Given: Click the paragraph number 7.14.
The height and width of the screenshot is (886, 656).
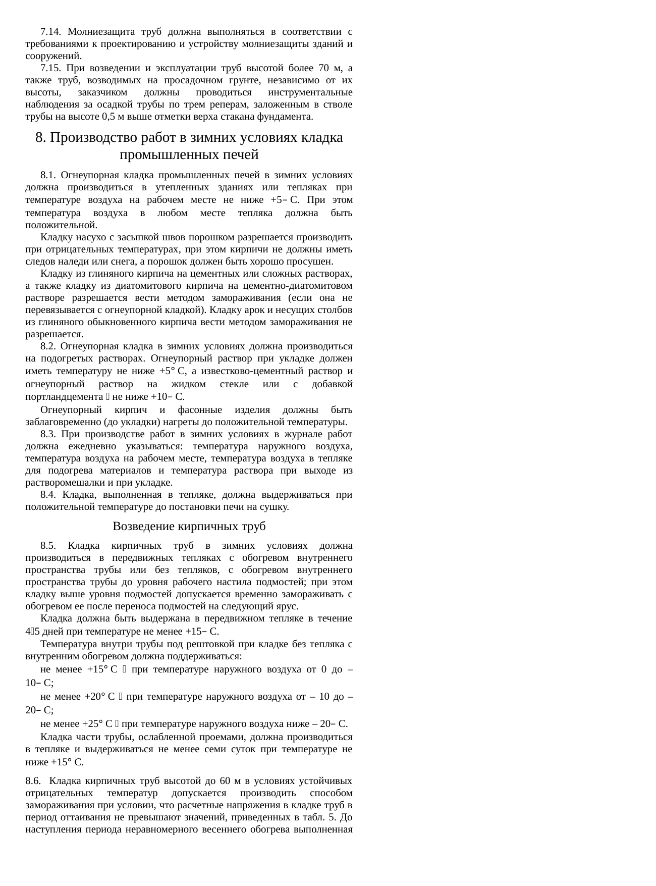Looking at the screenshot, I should point(50,31).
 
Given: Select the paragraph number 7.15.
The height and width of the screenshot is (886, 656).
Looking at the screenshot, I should point(50,68).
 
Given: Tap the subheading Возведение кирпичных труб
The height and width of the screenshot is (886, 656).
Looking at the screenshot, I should point(189,526).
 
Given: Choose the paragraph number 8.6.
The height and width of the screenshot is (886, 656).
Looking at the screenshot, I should point(33,781).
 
